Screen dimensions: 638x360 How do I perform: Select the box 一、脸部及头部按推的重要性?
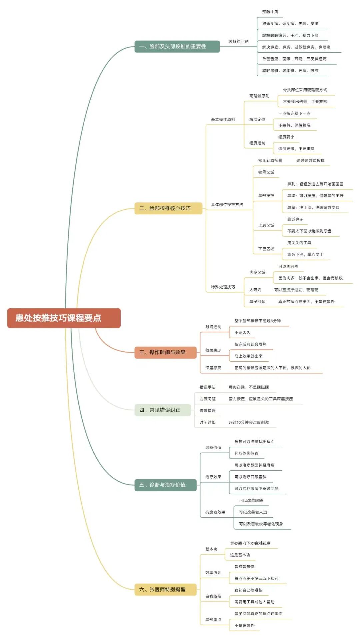pos(177,46)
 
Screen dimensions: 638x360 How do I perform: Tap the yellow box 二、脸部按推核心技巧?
pos(168,208)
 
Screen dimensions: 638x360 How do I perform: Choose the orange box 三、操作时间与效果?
pos(165,352)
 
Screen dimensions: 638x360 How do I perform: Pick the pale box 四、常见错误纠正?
pos(162,410)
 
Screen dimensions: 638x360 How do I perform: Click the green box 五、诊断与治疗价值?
pos(165,484)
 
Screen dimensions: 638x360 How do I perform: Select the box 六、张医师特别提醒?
pos(165,589)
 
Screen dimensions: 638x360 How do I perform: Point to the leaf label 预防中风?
pos(270,12)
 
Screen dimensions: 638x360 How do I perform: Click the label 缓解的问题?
pos(238,41)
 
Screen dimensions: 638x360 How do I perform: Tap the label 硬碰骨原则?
pos(259,96)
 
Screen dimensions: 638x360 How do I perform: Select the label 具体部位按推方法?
pos(227,205)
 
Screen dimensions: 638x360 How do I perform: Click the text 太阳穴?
pos(255,290)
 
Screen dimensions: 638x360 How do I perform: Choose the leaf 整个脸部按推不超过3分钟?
pos(257,321)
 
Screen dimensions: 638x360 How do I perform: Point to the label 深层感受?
pos(213,368)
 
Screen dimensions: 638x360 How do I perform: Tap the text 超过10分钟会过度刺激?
pos(248,422)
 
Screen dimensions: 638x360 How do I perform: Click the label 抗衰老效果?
pos(215,512)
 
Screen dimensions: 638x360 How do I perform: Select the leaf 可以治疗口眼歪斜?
pos(250,477)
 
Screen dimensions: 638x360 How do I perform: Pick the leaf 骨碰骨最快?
pos(244,567)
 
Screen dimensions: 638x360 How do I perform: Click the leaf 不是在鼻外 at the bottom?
pos(244,625)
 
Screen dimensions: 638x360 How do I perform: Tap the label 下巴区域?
pos(266,249)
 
